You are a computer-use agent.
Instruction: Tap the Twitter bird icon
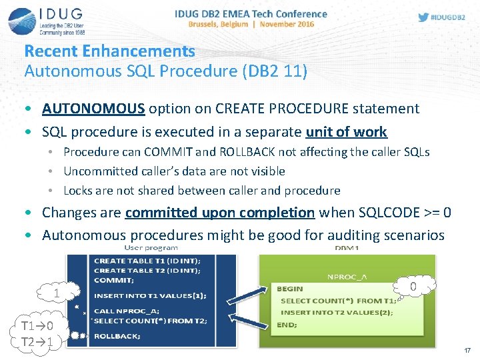[423, 17]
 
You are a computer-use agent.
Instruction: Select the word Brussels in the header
[207, 24]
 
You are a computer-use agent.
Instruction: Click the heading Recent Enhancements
[109, 51]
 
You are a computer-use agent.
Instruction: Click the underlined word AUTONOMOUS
[93, 108]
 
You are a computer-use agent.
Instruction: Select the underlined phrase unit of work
[346, 131]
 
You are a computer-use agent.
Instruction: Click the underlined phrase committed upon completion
[219, 213]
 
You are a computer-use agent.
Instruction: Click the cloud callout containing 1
[57, 292]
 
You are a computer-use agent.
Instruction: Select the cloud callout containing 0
[413, 287]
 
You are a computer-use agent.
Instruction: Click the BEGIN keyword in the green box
[289, 289]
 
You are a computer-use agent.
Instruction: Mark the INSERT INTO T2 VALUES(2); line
[337, 312]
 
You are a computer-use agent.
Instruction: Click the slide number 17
[467, 350]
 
